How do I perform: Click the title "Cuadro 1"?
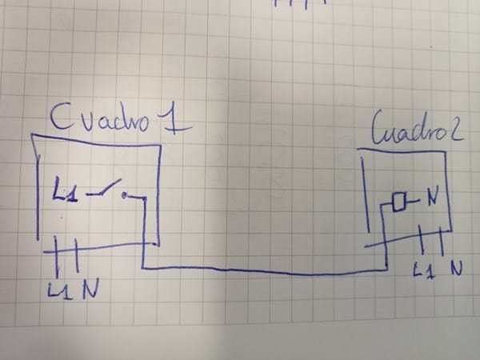[121, 118]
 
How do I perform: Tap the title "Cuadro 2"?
[418, 129]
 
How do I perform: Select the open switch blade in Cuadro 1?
[104, 188]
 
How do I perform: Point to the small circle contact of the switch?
[124, 195]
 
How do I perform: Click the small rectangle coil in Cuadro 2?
[399, 202]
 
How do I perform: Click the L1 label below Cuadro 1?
[60, 290]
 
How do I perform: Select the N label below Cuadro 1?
[90, 290]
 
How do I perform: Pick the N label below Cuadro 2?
[457, 268]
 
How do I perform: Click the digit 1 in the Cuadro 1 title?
[176, 120]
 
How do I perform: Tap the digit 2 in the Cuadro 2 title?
[456, 133]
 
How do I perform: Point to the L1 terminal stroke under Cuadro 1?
[56, 257]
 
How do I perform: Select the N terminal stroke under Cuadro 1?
[76, 256]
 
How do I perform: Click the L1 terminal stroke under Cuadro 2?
[421, 239]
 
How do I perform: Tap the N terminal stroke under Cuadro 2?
[441, 241]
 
